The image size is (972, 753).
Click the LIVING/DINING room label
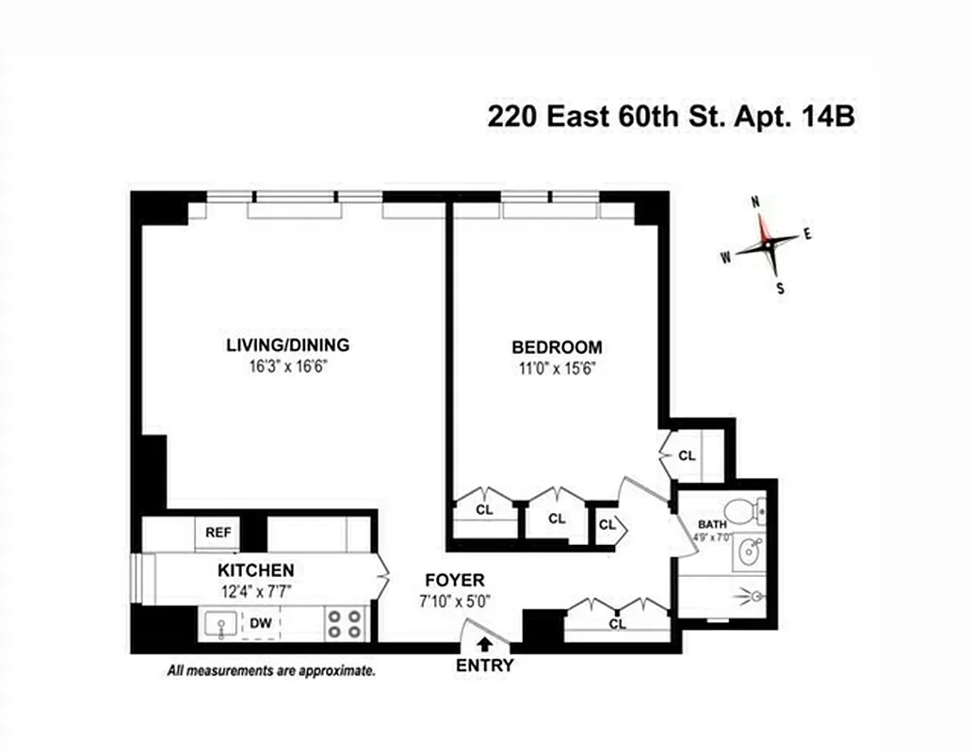pyautogui.click(x=287, y=344)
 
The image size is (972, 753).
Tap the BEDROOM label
pyautogui.click(x=556, y=346)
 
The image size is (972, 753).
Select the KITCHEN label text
pyautogui.click(x=255, y=570)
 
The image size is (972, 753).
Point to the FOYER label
pyautogui.click(x=454, y=580)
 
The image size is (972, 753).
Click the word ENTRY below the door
pyautogui.click(x=485, y=665)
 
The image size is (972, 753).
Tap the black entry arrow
pyautogui.click(x=485, y=645)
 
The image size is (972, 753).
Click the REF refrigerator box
pyautogui.click(x=219, y=533)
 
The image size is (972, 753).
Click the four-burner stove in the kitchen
pyautogui.click(x=345, y=623)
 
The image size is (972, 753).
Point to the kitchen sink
pyautogui.click(x=220, y=624)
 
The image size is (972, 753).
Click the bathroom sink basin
pyautogui.click(x=750, y=552)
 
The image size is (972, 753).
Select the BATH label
pyautogui.click(x=712, y=524)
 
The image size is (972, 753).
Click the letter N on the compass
pyautogui.click(x=755, y=202)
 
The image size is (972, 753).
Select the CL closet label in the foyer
pyautogui.click(x=618, y=623)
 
